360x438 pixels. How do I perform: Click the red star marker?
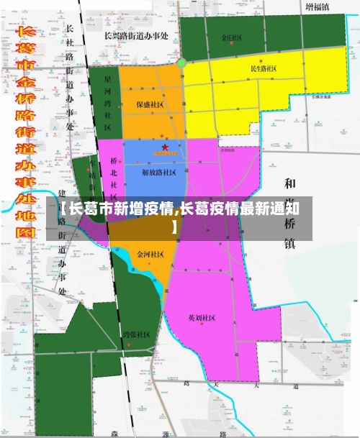(x=165, y=147)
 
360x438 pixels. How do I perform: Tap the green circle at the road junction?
(x=182, y=63)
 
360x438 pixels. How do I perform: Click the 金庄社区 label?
(x=232, y=38)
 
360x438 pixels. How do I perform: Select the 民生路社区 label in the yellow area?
(x=264, y=69)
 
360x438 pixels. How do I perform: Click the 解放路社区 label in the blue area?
(x=159, y=173)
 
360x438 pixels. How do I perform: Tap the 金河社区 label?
(x=150, y=255)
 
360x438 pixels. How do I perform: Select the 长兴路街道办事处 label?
(x=136, y=35)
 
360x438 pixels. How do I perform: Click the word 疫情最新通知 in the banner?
(x=258, y=209)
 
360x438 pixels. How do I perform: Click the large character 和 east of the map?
(x=291, y=184)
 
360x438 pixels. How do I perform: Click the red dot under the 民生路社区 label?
(x=262, y=60)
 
